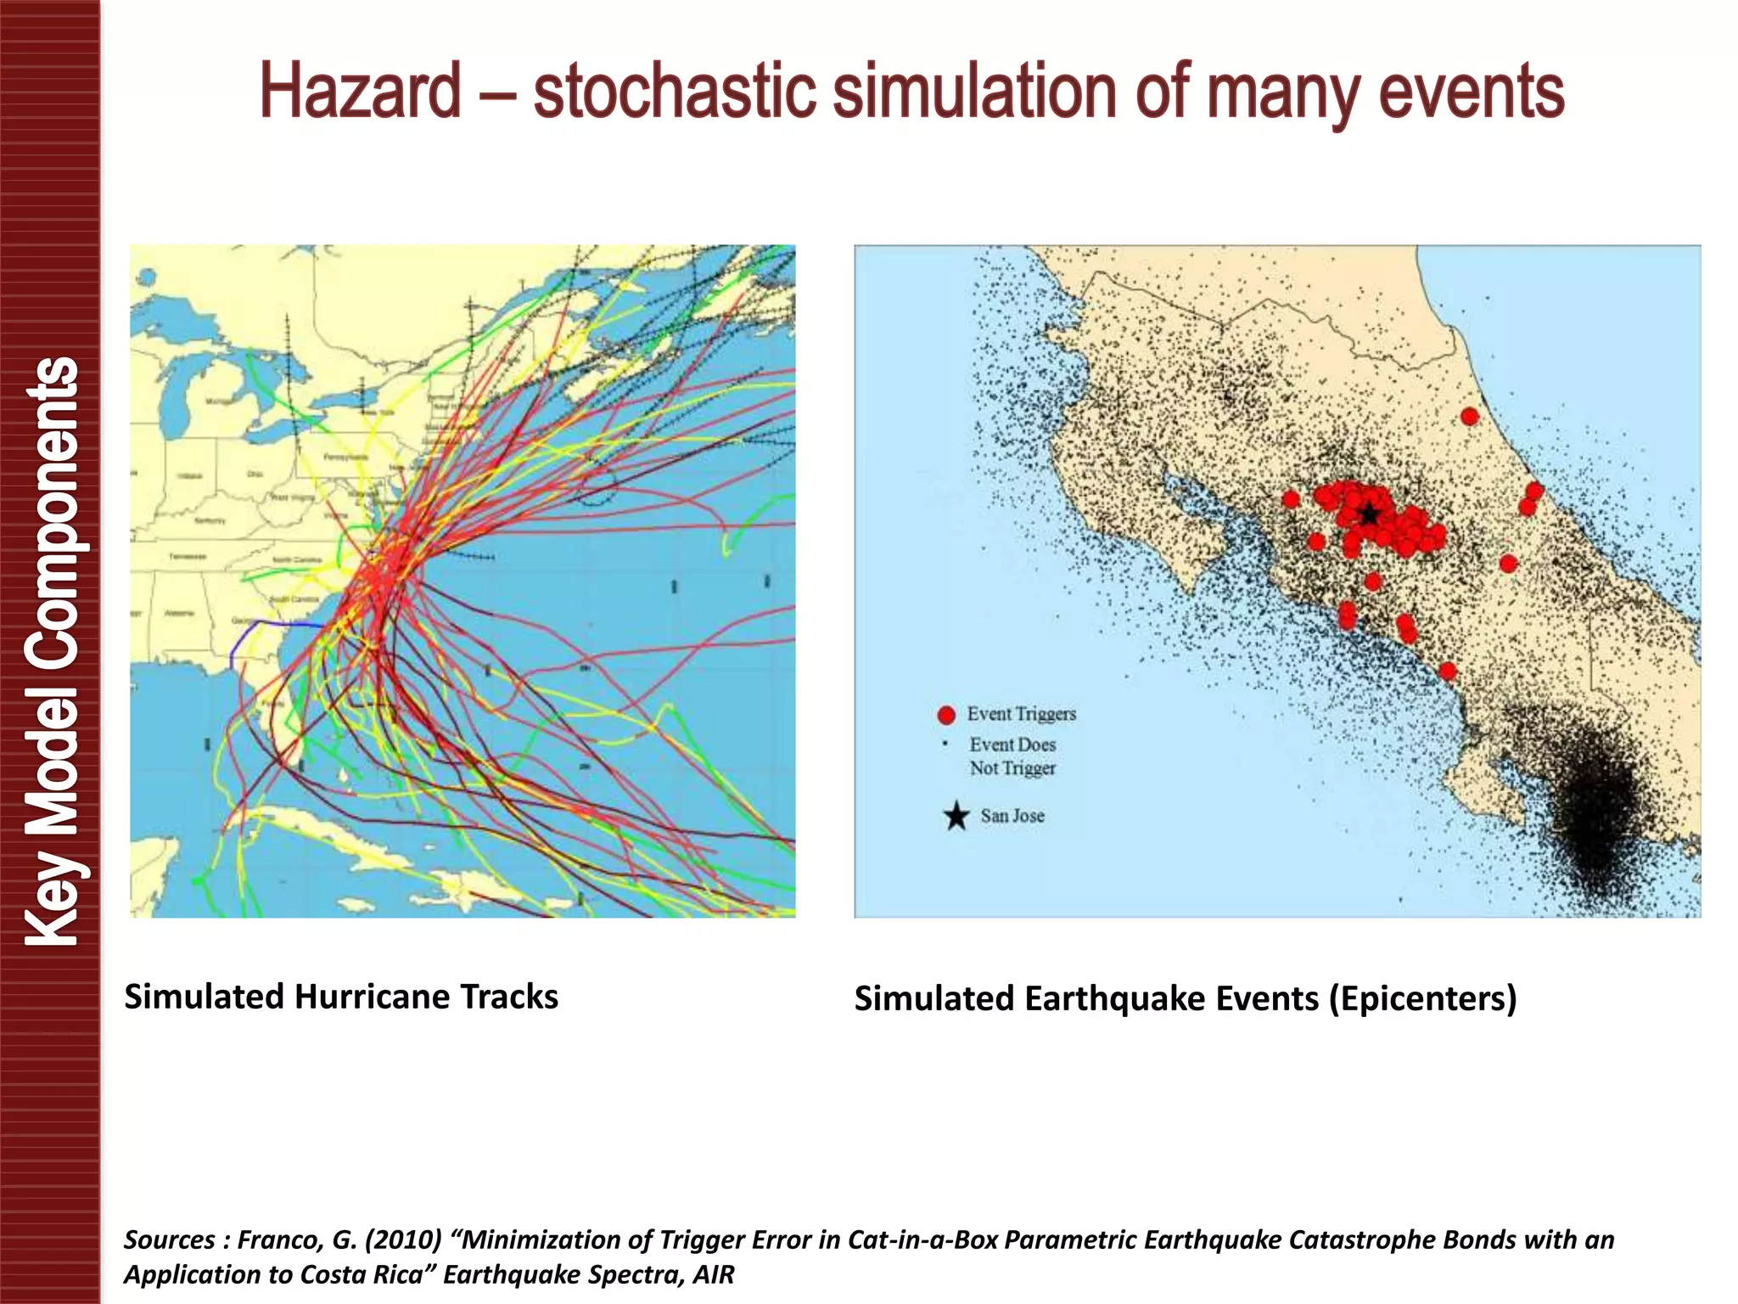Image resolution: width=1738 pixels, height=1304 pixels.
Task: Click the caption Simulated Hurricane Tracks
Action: coord(341,997)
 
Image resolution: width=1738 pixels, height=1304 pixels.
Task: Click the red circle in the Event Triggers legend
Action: coord(946,716)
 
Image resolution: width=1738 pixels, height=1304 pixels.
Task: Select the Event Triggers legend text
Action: coord(1021,714)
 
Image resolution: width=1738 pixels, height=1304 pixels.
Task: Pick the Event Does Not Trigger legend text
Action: coord(1012,756)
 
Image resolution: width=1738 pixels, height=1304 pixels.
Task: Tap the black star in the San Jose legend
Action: coord(956,816)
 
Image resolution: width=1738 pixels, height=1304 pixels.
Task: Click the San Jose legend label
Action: coord(1012,816)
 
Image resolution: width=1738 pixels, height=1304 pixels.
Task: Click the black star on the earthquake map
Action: coord(1370,514)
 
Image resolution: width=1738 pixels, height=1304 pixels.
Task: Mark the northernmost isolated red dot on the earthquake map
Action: coord(1470,416)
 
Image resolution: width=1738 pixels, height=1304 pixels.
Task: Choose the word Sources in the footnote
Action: coord(169,1240)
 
